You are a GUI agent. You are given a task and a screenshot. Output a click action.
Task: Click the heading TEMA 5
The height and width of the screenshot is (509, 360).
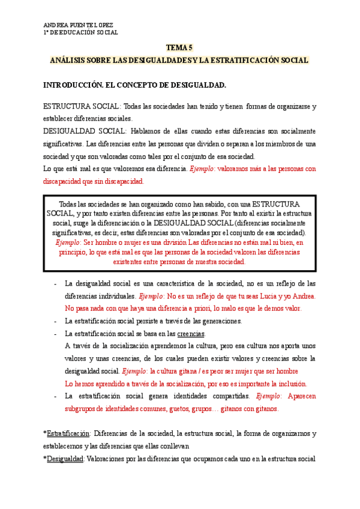pos(179,48)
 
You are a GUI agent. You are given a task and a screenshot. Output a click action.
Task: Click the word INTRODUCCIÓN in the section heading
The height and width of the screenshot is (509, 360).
pos(72,86)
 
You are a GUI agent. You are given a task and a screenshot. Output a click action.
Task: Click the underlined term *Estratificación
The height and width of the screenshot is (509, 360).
pos(67,433)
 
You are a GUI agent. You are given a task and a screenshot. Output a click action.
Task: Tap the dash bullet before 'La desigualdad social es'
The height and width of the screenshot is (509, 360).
pos(55,284)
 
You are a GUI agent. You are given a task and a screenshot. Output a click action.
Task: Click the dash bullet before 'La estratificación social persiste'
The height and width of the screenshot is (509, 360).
pos(55,321)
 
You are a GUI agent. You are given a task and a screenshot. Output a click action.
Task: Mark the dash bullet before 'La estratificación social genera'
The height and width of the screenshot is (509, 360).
pos(55,396)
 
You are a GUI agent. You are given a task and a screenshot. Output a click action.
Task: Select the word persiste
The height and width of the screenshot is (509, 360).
pos(145,321)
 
